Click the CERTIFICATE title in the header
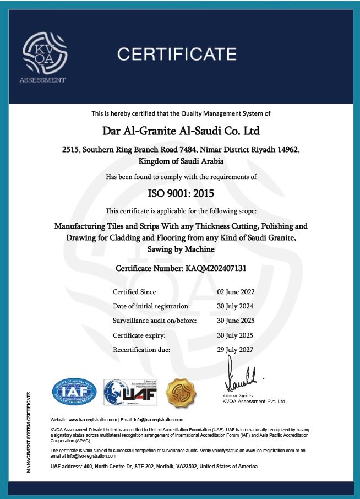click(177, 54)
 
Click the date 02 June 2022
click(236, 292)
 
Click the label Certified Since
click(134, 292)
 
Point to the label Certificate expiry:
click(139, 335)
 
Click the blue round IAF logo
click(74, 392)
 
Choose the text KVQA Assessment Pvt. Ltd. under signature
click(255, 402)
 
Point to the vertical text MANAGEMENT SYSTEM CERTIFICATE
click(29, 432)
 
